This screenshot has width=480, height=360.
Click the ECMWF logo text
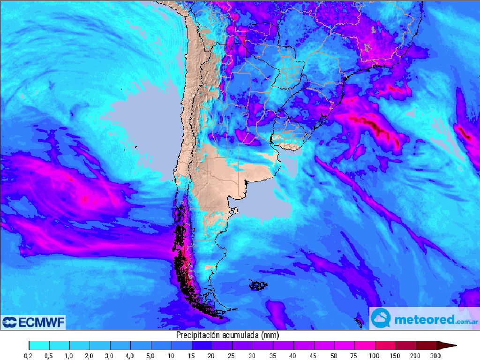40,322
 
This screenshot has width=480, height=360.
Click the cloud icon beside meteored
381,319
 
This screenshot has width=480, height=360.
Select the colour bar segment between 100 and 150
385,346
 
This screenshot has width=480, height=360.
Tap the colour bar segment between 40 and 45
304,346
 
